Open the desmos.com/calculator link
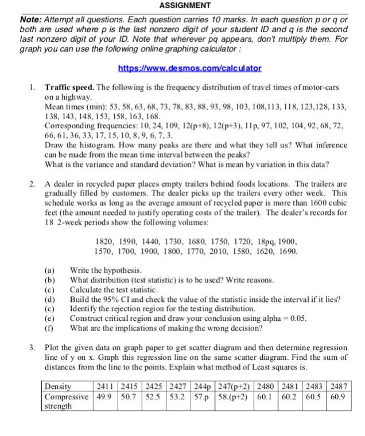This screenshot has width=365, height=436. coord(189,68)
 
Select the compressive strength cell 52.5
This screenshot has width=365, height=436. coord(153,396)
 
